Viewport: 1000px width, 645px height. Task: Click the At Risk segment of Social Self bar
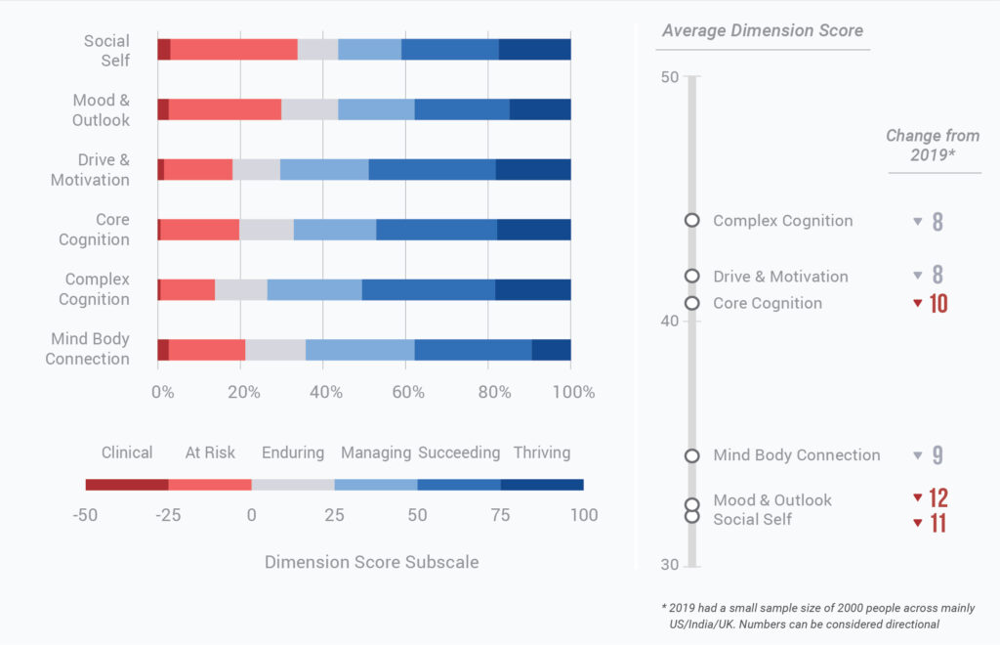233,50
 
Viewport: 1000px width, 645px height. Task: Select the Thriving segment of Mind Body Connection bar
551,349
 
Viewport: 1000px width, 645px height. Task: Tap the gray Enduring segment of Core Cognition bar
266,230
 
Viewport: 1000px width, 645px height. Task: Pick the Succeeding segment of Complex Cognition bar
428,289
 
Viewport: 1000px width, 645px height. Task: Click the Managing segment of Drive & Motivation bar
324,169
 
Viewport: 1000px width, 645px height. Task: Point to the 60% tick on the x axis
410,392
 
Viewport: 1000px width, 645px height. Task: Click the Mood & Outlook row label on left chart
101,110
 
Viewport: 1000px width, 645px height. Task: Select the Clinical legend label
127,452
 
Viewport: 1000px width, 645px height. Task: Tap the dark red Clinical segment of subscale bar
127,485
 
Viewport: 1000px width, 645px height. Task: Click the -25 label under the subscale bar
168,515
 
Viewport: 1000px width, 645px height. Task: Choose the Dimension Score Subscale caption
371,562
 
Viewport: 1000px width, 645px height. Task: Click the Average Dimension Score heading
763,30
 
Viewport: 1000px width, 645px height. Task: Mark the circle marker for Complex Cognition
692,221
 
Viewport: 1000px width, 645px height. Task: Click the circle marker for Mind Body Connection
692,455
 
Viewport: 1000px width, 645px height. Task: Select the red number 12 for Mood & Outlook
937,498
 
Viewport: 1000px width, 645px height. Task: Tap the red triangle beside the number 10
917,303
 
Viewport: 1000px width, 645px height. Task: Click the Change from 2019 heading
932,146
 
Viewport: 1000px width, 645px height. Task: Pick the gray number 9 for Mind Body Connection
937,455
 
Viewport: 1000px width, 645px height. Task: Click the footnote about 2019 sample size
818,616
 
